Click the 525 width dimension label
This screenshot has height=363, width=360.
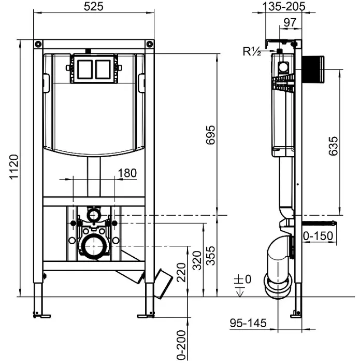click(x=93, y=6)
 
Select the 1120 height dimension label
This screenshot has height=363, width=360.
click(x=14, y=166)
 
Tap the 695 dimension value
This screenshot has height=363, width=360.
click(x=211, y=135)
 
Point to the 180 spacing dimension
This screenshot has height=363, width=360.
click(x=127, y=173)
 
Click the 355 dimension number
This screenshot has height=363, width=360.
click(x=211, y=256)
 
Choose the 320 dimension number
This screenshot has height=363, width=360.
click(x=197, y=260)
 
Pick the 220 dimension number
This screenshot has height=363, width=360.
click(x=181, y=272)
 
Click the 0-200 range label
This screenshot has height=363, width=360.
click(x=181, y=345)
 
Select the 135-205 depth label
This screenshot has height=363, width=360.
click(x=284, y=6)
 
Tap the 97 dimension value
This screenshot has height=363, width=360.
click(x=290, y=22)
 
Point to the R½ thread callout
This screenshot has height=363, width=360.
click(x=252, y=51)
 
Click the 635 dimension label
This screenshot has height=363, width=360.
click(x=333, y=146)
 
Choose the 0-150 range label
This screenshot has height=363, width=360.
click(x=318, y=236)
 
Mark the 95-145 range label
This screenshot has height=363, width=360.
click(x=248, y=323)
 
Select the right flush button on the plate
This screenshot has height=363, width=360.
click(x=103, y=69)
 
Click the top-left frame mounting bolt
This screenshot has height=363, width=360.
click(x=38, y=44)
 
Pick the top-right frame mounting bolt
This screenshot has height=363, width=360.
click(x=150, y=44)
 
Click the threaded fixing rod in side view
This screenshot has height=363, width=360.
click(x=319, y=224)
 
